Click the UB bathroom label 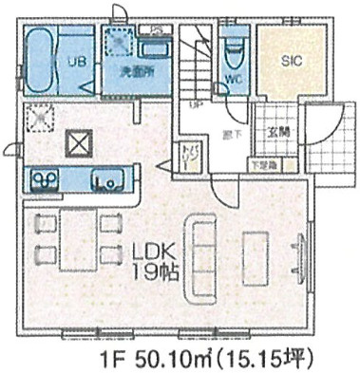point(72,64)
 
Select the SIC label point(291,59)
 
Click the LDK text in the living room point(152,253)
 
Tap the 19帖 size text point(152,272)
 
